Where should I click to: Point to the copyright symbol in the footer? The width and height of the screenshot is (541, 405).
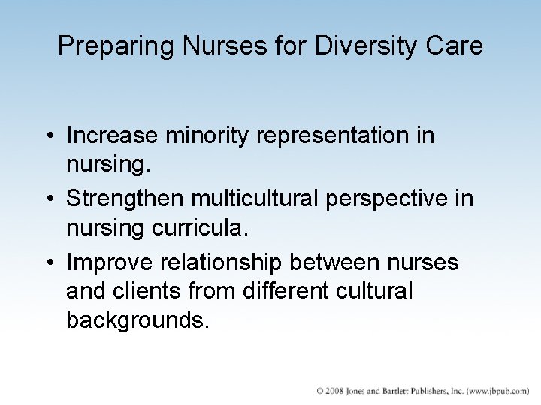pyautogui.click(x=320, y=391)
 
